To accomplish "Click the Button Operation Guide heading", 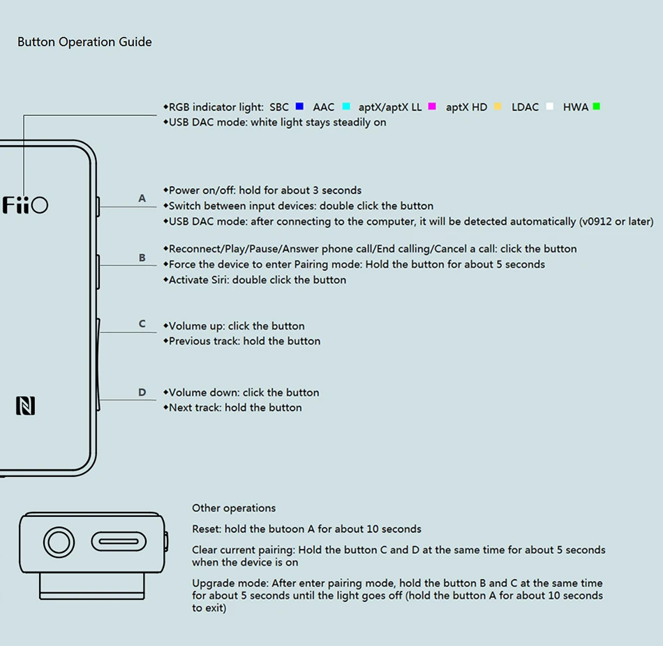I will coord(84,42).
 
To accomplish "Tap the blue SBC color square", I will coord(299,107).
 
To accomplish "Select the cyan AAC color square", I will coord(346,107).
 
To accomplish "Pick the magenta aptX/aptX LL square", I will coord(432,107).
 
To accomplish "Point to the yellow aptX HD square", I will coord(498,107).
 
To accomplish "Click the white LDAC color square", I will coord(550,107).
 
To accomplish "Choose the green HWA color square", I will coord(596,107).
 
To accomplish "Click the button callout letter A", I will coord(142,198).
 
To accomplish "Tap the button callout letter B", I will coord(142,258).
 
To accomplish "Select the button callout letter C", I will coord(142,324).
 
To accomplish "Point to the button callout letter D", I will coord(142,392).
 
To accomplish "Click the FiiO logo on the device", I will coord(25,205).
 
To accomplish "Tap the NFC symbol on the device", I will coord(25,406).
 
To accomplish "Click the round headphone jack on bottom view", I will coord(59,542).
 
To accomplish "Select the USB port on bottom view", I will coord(119,541).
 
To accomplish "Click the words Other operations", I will coord(234,508).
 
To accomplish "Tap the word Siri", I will coord(218,280).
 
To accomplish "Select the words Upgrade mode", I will coord(230,583).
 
